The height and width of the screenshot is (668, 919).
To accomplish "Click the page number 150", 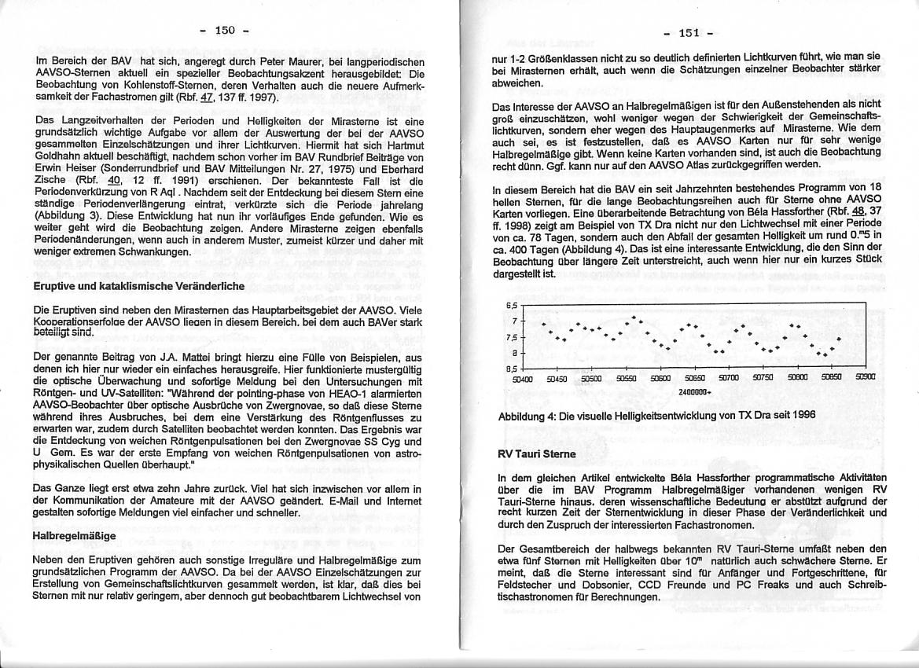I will coord(224,30).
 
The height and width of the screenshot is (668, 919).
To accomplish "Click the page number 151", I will coord(689,32).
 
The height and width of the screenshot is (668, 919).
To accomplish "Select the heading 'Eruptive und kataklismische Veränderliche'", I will coord(139,286).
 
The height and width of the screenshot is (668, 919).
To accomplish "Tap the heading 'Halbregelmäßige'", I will coord(75,536).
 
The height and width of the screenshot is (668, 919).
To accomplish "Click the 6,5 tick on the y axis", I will coord(510,305).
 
